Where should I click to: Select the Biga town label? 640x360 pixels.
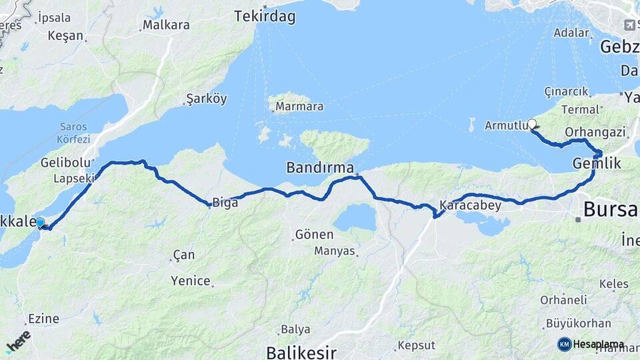click(x=225, y=203)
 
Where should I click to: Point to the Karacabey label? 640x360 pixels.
click(x=470, y=205)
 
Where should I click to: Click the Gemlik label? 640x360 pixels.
click(x=597, y=163)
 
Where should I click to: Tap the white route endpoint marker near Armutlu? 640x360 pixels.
click(x=532, y=123)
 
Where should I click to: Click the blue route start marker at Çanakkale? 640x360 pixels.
click(x=41, y=223)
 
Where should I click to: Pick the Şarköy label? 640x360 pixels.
click(x=207, y=99)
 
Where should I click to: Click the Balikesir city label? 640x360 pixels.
click(x=301, y=352)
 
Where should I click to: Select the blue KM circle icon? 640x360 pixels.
click(x=564, y=345)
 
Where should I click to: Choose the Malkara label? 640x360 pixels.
click(x=167, y=25)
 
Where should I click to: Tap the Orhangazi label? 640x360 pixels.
click(x=594, y=132)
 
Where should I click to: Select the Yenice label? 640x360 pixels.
click(x=191, y=281)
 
